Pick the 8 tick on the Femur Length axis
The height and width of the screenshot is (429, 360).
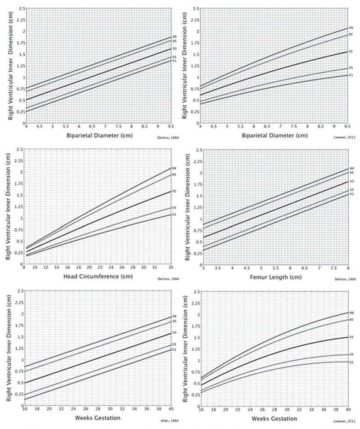click(x=349, y=268)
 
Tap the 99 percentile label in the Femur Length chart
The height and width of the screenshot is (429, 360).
click(x=352, y=168)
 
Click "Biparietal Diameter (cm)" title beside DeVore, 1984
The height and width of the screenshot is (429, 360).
click(x=81, y=134)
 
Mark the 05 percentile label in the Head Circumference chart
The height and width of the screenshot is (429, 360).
click(x=173, y=208)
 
